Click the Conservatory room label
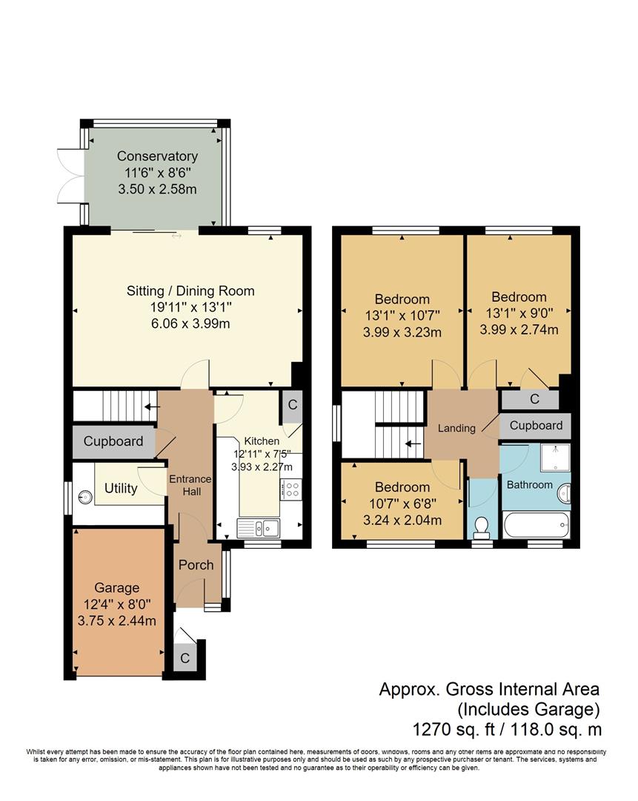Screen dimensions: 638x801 click(x=157, y=156)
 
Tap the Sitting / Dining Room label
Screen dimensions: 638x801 click(x=190, y=291)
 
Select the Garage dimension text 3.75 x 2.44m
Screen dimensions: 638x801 click(x=117, y=621)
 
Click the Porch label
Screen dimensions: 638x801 click(x=196, y=564)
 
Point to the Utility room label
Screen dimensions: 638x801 click(x=121, y=488)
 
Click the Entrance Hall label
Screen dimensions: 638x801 click(x=190, y=485)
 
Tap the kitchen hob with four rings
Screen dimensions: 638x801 click(x=291, y=489)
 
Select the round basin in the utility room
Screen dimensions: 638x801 click(x=85, y=496)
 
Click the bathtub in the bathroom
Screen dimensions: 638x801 click(x=536, y=525)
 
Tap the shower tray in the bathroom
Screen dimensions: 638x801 click(x=556, y=457)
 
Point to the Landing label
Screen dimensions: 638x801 click(x=456, y=428)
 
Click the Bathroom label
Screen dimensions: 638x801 click(x=529, y=484)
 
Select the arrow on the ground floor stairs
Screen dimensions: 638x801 click(x=152, y=406)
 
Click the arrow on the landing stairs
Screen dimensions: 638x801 click(x=413, y=444)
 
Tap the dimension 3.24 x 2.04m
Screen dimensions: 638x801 click(x=402, y=520)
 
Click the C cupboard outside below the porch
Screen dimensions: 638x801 click(x=185, y=658)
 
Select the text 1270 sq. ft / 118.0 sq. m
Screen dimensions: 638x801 click(x=507, y=729)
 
